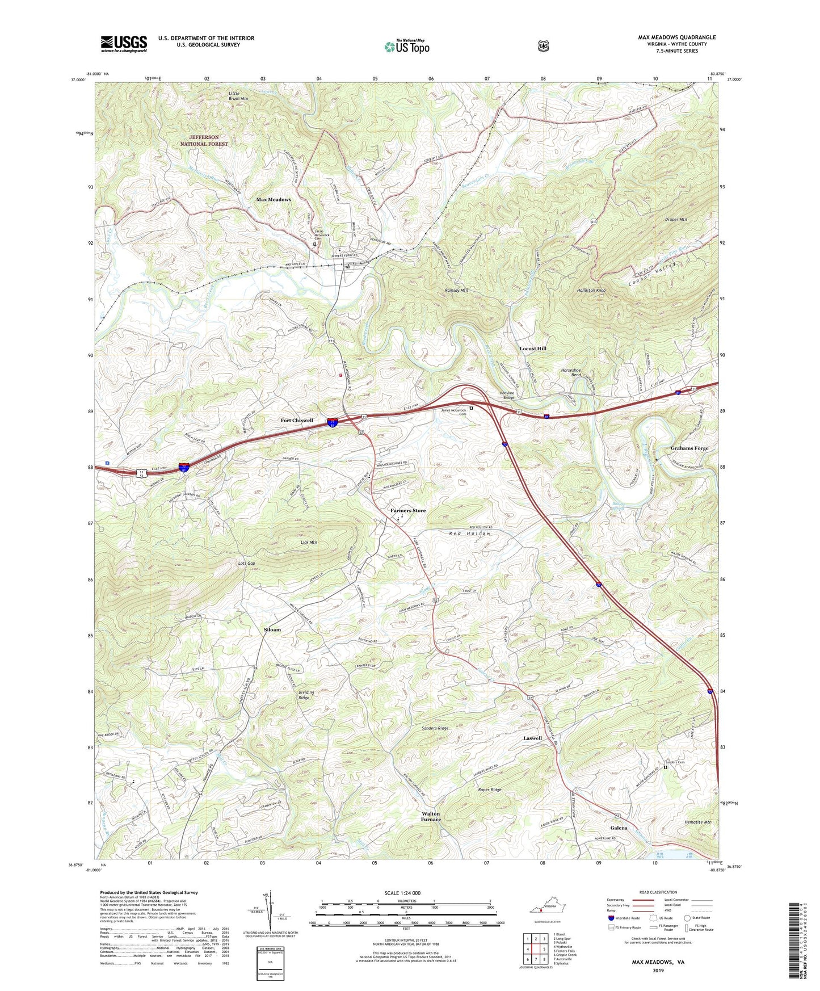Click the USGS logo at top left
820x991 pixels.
click(124, 43)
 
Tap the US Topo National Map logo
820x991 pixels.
click(406, 47)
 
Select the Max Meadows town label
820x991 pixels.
click(274, 200)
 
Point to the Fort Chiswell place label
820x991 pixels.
click(297, 421)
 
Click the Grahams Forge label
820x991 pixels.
click(689, 448)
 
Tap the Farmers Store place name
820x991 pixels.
click(407, 511)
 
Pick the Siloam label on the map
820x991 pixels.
click(272, 630)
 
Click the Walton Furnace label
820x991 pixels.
click(430, 817)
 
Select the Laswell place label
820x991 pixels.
click(532, 738)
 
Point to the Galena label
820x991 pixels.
click(619, 828)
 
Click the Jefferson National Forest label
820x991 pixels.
click(204, 141)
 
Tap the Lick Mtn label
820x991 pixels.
click(309, 543)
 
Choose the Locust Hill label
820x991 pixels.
click(533, 348)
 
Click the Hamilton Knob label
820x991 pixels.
click(591, 290)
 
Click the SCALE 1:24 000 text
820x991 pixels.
click(402, 893)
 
